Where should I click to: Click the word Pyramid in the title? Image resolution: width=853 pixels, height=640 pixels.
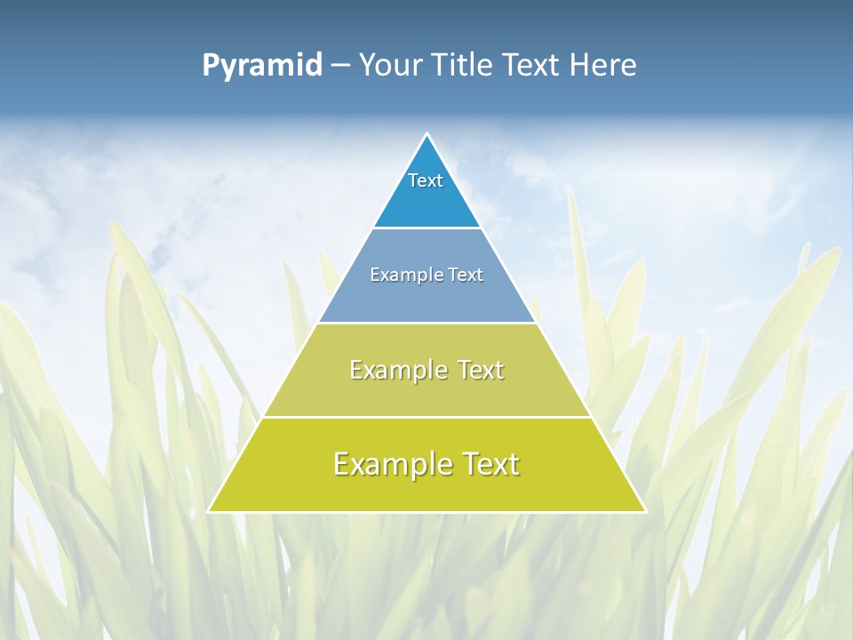261,66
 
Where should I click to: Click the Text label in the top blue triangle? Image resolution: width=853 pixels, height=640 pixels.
426,180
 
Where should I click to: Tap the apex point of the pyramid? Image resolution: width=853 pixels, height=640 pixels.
427,134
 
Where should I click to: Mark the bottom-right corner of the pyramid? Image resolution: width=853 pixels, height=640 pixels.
645,511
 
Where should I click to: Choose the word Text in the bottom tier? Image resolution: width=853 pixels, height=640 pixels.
487,464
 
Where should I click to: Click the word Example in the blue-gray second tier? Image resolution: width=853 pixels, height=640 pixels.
403,275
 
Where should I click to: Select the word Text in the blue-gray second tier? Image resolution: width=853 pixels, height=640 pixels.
466,275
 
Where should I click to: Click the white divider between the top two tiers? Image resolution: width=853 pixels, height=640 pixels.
426,228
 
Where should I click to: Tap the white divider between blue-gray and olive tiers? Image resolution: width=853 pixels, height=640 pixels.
426,323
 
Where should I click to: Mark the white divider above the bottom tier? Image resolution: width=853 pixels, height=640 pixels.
426,417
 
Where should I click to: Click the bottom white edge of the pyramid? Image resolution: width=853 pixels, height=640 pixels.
426,512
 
